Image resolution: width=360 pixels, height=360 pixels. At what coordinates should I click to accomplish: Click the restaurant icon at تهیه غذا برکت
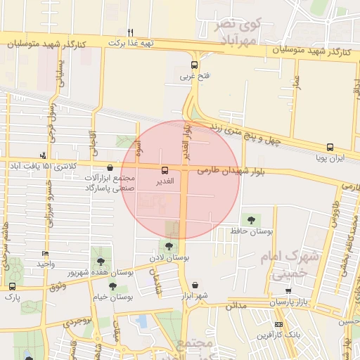(x=130, y=32)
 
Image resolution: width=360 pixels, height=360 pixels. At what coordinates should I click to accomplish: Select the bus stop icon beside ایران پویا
(x=330, y=148)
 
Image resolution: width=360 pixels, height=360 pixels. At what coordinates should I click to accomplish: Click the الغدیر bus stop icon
(x=165, y=170)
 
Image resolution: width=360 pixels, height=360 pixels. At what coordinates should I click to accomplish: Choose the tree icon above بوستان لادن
(x=168, y=246)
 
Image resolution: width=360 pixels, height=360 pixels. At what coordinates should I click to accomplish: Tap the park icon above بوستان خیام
(x=113, y=286)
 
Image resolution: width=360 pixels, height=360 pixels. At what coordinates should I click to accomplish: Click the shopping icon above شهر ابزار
(x=194, y=285)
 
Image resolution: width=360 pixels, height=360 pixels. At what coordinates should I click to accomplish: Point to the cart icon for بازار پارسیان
(x=288, y=291)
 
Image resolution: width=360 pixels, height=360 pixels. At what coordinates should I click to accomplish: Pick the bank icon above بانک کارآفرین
(x=279, y=324)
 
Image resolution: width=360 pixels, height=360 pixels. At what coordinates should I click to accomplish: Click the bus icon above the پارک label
(x=13, y=286)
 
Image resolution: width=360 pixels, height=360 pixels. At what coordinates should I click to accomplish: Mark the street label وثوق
(x=58, y=286)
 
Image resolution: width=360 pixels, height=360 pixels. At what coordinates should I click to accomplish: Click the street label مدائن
(x=235, y=305)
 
